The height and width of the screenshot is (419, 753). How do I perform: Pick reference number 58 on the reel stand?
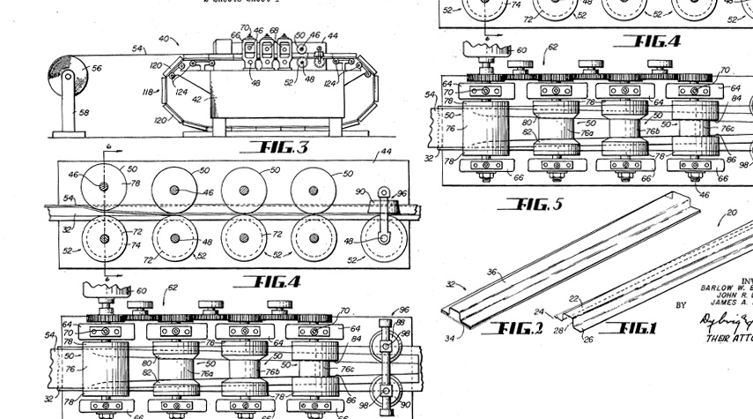point(85,113)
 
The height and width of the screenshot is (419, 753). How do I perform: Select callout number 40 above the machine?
point(164,40)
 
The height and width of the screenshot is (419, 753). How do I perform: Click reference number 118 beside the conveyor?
point(148,91)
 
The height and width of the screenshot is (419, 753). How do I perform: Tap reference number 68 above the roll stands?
point(273,31)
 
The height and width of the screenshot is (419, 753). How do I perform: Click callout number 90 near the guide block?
point(361,191)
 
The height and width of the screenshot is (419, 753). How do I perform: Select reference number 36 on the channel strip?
point(492,273)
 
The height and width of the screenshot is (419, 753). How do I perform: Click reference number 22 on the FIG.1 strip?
point(573,300)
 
